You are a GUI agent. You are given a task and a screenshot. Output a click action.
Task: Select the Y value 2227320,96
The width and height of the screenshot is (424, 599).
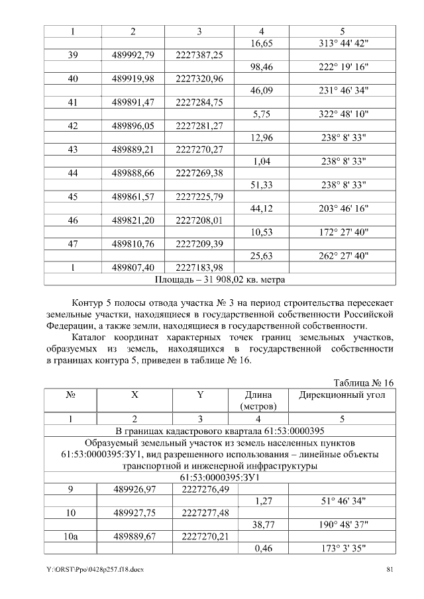click(x=200, y=79)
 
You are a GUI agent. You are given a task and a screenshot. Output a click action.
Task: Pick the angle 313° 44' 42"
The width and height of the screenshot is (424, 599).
click(x=343, y=43)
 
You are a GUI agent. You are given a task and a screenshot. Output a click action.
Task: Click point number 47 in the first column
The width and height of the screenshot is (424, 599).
click(x=73, y=244)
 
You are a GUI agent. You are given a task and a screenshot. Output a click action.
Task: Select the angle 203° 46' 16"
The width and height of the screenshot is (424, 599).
click(x=343, y=208)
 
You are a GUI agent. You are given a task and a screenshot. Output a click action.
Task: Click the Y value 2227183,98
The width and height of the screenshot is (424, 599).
click(x=200, y=267)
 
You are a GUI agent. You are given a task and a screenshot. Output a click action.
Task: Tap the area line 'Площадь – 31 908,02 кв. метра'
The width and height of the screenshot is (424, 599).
click(x=220, y=279)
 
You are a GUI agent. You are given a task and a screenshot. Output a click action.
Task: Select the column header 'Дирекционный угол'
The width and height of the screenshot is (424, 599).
click(x=343, y=394)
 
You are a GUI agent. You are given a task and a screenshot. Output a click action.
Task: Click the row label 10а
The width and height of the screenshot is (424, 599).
click(x=73, y=536)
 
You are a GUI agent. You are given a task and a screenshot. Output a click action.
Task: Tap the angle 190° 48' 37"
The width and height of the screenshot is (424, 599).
click(x=343, y=524)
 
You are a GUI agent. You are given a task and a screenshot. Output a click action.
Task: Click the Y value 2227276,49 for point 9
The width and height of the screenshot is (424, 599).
click(x=200, y=489)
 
